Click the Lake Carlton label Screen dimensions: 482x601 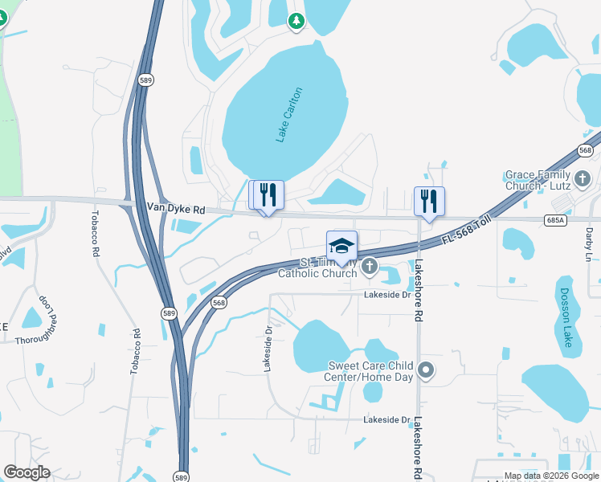tap(289, 115)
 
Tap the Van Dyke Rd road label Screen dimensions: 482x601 tap(176, 208)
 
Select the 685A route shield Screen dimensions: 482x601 tap(555, 219)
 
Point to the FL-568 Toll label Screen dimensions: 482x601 tap(467, 232)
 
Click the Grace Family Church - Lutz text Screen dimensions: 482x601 tap(538, 180)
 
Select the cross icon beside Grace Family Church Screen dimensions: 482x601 tap(583, 177)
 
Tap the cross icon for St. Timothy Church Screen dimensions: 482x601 tap(369, 266)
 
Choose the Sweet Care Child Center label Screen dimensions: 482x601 tap(370, 371)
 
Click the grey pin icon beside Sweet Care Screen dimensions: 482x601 tap(426, 370)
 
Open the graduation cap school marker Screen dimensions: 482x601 tap(341, 246)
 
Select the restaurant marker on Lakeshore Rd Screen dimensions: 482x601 tap(429, 201)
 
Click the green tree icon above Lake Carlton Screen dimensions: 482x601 tap(296, 20)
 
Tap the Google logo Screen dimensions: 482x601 tap(27, 472)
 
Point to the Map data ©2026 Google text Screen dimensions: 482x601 tap(551, 476)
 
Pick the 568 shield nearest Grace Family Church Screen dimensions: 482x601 tap(585, 151)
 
